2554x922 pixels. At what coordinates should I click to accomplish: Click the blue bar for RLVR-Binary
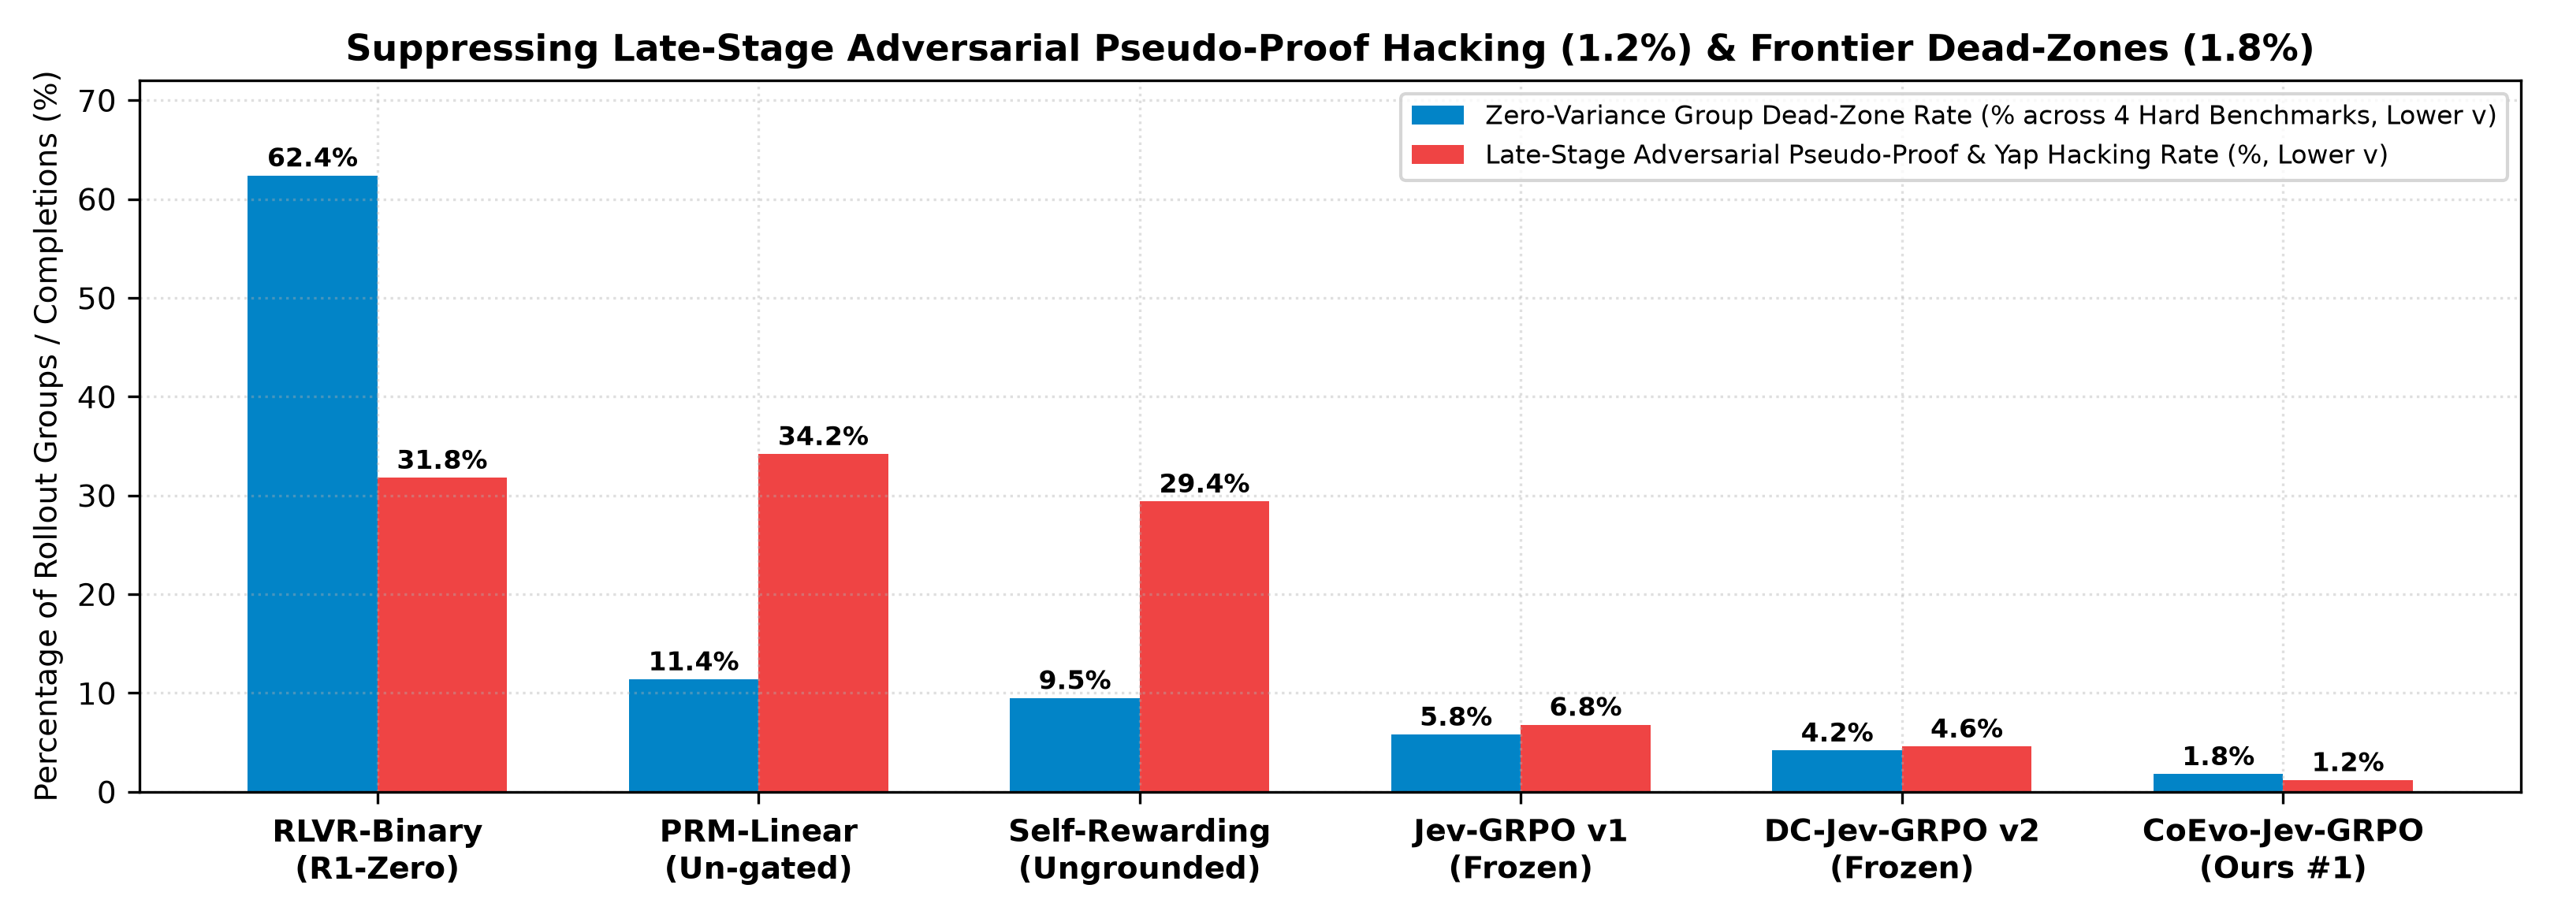[312, 484]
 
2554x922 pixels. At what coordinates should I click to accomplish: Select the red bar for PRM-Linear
[823, 623]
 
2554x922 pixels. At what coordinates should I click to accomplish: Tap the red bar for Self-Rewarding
[1204, 646]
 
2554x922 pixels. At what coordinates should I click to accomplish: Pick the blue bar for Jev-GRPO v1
[1455, 764]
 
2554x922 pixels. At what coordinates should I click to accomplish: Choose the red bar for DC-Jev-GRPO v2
[1966, 769]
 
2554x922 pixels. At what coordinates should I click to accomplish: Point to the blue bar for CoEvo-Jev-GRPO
[2218, 783]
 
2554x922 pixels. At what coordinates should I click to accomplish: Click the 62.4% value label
[312, 158]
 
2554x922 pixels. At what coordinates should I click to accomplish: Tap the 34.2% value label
[823, 437]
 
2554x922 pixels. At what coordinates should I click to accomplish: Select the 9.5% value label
[1074, 680]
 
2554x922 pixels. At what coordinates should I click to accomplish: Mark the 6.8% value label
[1585, 707]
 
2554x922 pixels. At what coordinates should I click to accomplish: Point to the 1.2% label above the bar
[2347, 762]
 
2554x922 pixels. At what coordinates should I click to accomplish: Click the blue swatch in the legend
[1438, 115]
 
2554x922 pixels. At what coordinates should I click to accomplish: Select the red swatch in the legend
[1438, 154]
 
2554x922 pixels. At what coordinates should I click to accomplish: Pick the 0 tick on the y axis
[109, 792]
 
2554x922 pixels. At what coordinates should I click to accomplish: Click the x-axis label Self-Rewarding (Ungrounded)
[1139, 849]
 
